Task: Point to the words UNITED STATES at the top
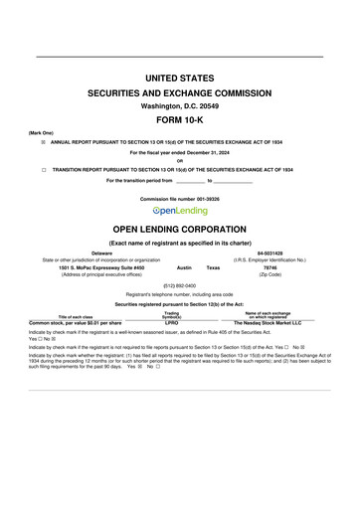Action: coord(180,78)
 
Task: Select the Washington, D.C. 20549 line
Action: coord(180,104)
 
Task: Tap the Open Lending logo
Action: coord(180,211)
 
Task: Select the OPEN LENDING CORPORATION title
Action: coord(180,229)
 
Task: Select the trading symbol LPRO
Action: coord(171,323)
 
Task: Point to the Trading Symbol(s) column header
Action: coord(171,314)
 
